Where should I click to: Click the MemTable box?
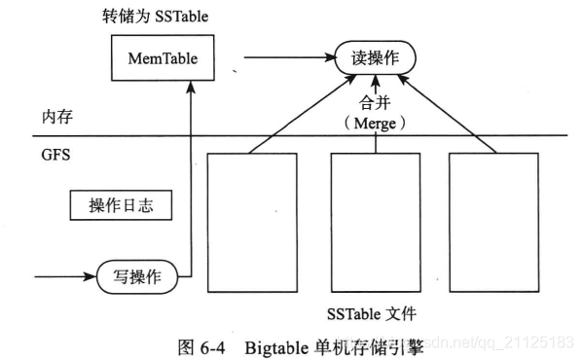click(x=163, y=58)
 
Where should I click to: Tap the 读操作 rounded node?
click(x=375, y=58)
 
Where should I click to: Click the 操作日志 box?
click(x=116, y=206)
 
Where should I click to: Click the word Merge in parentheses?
click(x=375, y=124)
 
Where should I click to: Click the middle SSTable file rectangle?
click(x=376, y=222)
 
